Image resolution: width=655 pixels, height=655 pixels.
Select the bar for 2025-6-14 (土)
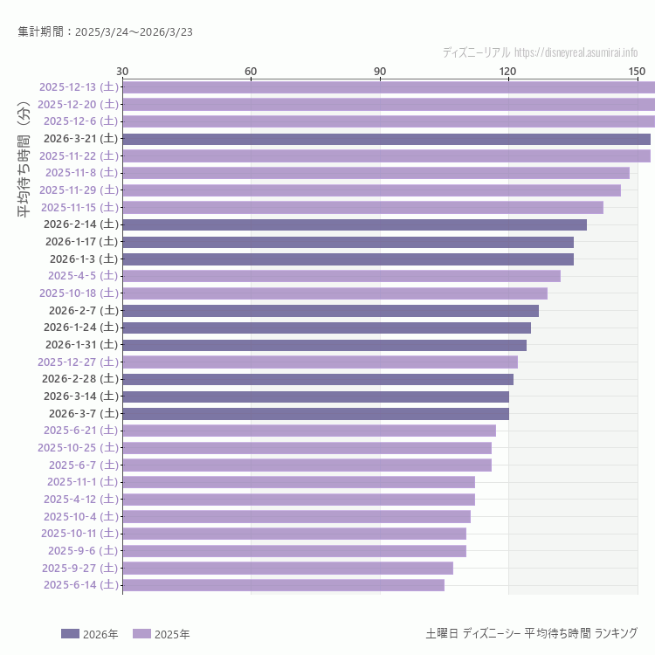click(283, 585)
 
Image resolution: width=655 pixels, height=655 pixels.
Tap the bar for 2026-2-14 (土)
click(354, 224)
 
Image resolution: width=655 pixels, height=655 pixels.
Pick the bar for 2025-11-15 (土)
click(362, 207)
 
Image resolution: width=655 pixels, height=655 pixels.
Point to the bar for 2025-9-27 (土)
click(287, 568)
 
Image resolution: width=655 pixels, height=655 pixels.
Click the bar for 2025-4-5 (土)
click(341, 276)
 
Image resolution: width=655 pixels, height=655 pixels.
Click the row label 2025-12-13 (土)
click(79, 86)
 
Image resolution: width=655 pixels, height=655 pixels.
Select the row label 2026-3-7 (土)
click(83, 413)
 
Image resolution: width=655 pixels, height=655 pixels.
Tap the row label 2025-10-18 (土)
click(79, 293)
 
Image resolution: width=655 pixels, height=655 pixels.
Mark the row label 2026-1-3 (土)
click(83, 259)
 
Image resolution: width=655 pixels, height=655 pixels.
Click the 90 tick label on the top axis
click(380, 71)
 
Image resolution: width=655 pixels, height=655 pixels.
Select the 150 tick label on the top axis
click(637, 71)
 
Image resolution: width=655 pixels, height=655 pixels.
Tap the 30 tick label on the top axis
click(122, 71)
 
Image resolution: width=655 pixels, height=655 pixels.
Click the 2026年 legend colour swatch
click(70, 633)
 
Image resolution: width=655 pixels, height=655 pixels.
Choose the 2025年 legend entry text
click(172, 633)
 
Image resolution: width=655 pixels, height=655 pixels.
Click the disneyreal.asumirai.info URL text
click(576, 52)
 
